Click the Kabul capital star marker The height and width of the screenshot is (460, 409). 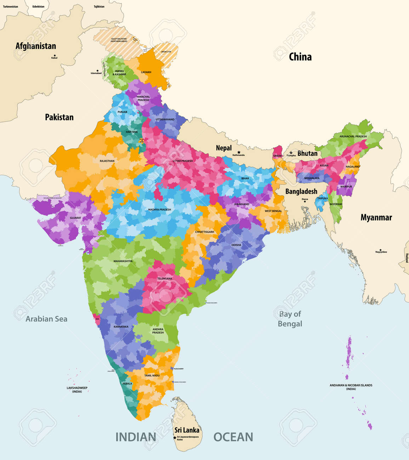tap(55, 55)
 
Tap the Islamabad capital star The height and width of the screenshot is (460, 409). tap(97, 70)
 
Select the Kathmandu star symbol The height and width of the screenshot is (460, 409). tap(239, 152)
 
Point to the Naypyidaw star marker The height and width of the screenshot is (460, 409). tap(381, 250)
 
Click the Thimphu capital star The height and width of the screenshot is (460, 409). tap(291, 153)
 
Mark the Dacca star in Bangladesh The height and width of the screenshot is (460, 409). tap(305, 202)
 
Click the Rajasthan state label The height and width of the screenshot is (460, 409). tap(107, 161)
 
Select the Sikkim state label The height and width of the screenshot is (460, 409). tap(278, 156)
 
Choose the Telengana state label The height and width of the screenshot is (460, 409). tap(165, 278)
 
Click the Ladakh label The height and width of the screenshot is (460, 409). tap(146, 72)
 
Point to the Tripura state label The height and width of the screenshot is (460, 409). tap(322, 199)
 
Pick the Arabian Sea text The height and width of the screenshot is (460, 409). tap(46, 319)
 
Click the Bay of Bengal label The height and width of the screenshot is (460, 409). tap(290, 319)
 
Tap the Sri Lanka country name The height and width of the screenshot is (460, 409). tap(187, 430)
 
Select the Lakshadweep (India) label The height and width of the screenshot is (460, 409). tap(77, 390)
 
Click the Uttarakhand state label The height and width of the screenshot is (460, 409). tap(165, 120)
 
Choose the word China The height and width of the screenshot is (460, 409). tap(300, 57)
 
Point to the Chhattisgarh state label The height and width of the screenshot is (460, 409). tap(204, 232)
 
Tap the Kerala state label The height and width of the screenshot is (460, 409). tap(127, 384)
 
